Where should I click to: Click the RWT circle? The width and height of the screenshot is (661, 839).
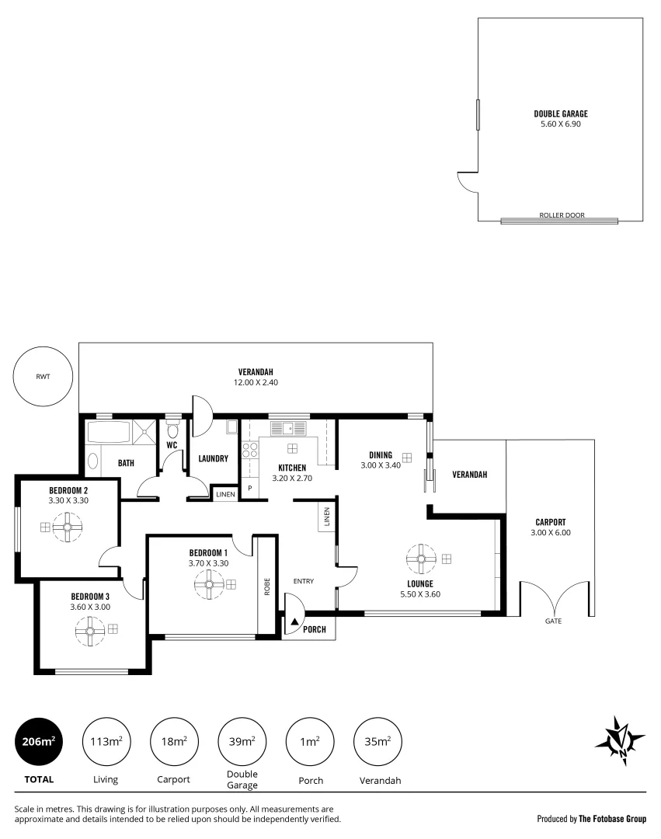[42, 378]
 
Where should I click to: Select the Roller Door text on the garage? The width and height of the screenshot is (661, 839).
[561, 215]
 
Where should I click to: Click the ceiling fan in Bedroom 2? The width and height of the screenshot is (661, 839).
[68, 527]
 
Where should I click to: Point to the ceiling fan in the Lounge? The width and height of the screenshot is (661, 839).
[421, 558]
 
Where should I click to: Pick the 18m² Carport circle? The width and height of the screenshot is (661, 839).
[174, 742]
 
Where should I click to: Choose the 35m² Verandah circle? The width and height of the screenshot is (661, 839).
[377, 742]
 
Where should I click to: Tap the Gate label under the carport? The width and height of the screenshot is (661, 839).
[553, 621]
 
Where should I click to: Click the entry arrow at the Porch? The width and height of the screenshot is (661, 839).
[294, 622]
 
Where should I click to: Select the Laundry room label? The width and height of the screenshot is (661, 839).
[212, 459]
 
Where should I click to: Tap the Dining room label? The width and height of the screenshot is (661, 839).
[381, 455]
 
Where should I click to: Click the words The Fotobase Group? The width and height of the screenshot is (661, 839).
[612, 818]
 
